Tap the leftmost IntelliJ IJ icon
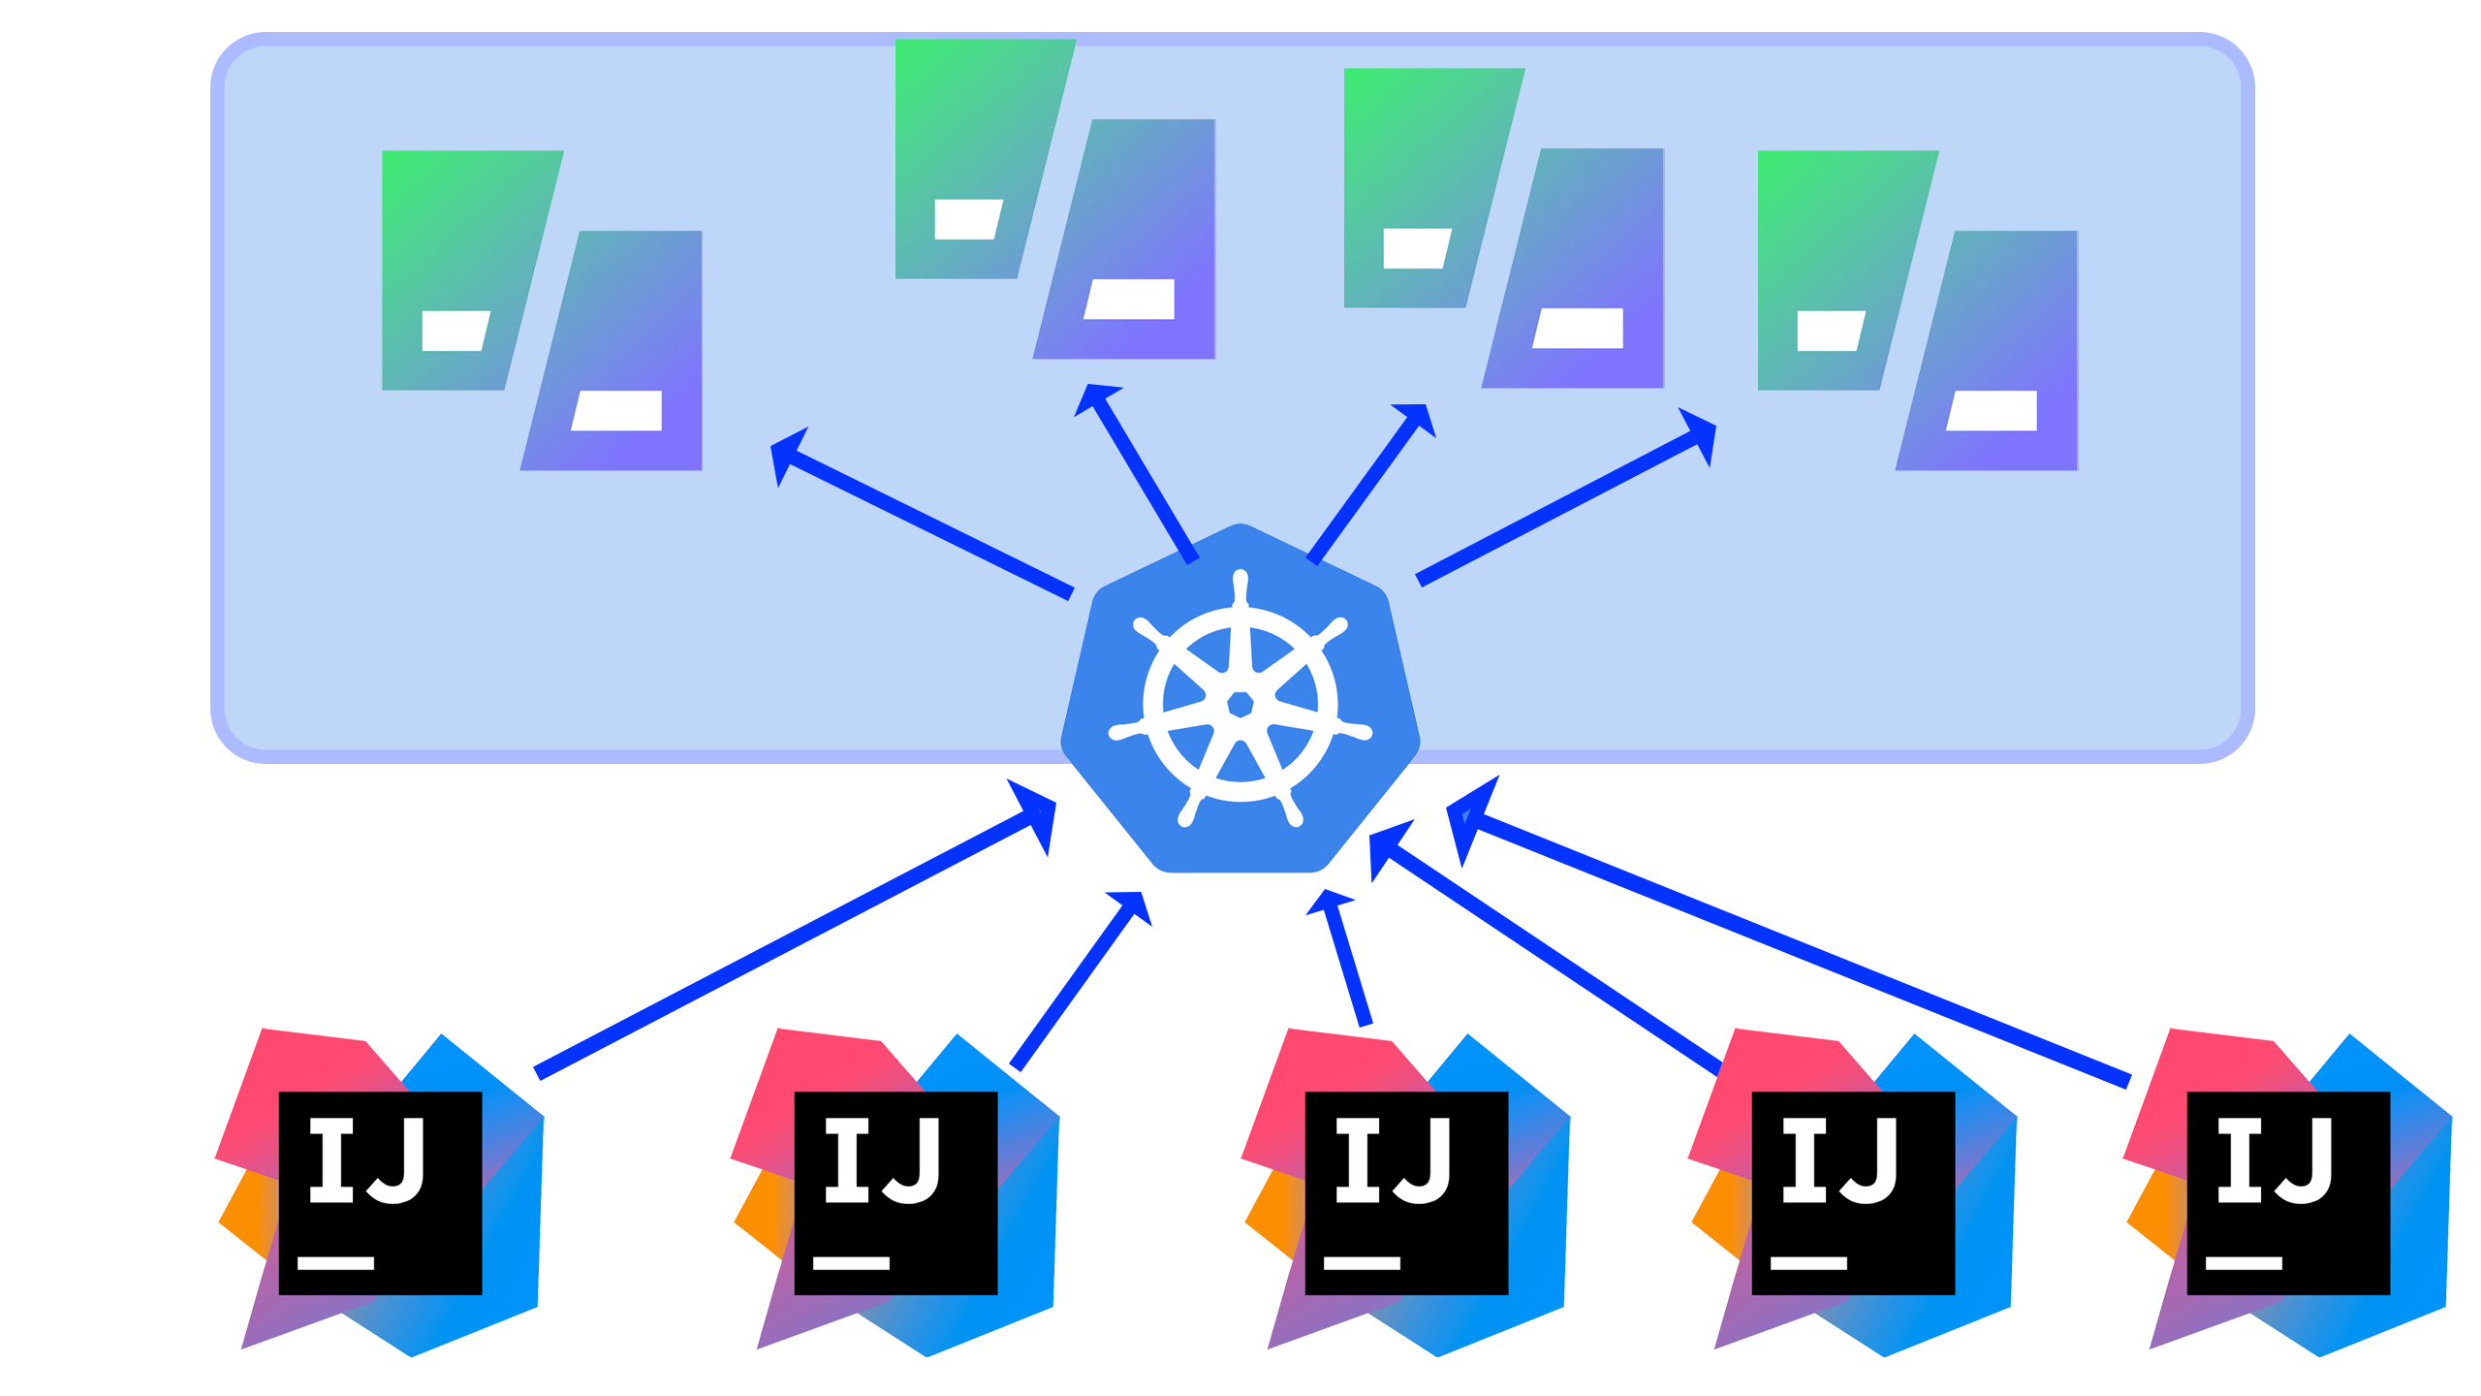(x=380, y=1192)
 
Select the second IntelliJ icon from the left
(x=895, y=1192)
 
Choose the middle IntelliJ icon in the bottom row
(x=1406, y=1192)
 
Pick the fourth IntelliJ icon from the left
(x=1853, y=1192)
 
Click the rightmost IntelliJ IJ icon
(x=2288, y=1192)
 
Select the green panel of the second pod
(x=969, y=136)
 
